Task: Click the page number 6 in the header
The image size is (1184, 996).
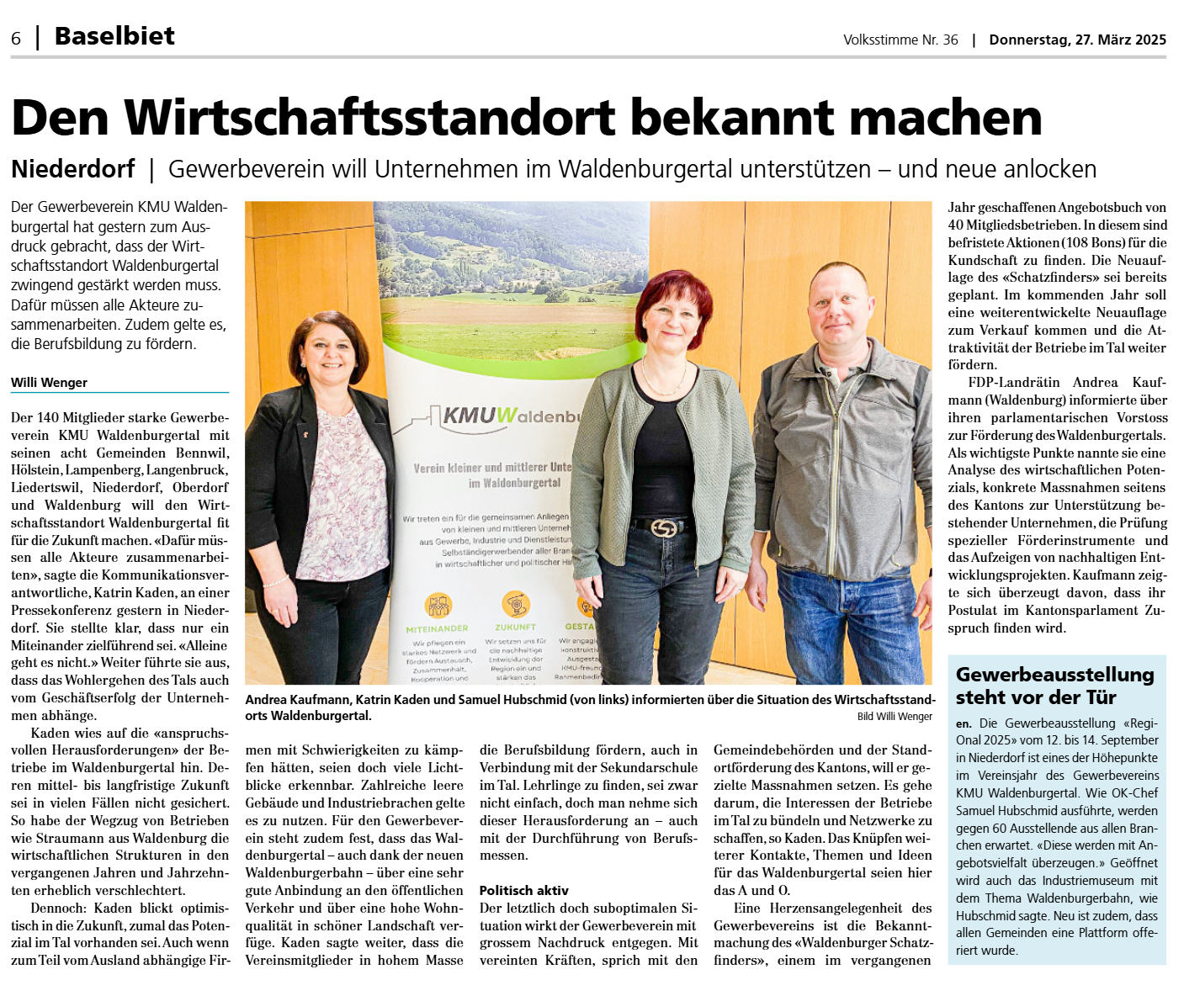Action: [16, 39]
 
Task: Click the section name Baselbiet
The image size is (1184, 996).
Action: [114, 36]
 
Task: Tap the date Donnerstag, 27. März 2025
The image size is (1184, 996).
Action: [1077, 40]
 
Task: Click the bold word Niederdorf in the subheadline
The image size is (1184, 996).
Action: [73, 169]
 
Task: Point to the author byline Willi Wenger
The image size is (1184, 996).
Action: [49, 382]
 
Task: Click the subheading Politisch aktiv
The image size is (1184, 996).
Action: [523, 890]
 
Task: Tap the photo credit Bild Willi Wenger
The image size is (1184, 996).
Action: [895, 717]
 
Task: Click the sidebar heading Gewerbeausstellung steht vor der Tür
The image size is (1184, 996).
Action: [1054, 686]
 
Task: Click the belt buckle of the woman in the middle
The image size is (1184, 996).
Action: [664, 527]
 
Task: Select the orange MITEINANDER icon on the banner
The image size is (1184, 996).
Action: [438, 605]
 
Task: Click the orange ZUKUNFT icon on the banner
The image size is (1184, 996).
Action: [515, 603]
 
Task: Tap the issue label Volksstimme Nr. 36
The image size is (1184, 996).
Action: [900, 40]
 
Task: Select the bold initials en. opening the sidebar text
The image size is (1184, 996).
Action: [964, 723]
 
